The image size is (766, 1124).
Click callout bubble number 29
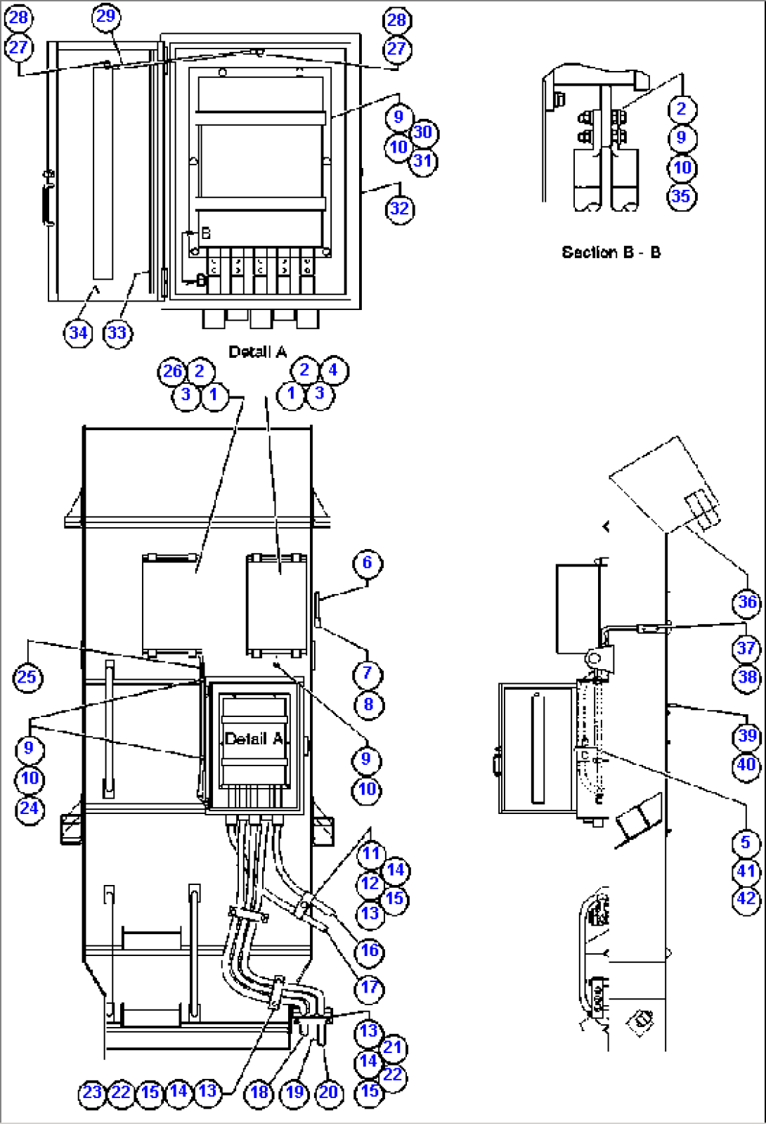105,17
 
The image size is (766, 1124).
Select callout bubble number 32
399,209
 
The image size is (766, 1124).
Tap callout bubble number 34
78,332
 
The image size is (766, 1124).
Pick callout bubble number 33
117,332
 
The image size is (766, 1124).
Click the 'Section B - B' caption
611,252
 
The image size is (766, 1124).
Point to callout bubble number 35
681,196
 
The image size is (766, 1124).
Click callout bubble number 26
172,371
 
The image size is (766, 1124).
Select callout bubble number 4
333,370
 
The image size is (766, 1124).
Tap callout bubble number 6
367,562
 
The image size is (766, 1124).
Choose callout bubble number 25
27,678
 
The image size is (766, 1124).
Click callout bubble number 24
29,808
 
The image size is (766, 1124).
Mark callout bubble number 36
747,602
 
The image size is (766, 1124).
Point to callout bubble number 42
746,899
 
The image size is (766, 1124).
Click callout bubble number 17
370,987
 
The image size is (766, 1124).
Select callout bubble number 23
92,1092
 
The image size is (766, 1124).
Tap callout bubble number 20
329,1092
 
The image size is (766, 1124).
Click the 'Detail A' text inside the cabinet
254,738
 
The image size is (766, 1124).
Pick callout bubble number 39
747,736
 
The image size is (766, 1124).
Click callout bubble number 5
746,842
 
